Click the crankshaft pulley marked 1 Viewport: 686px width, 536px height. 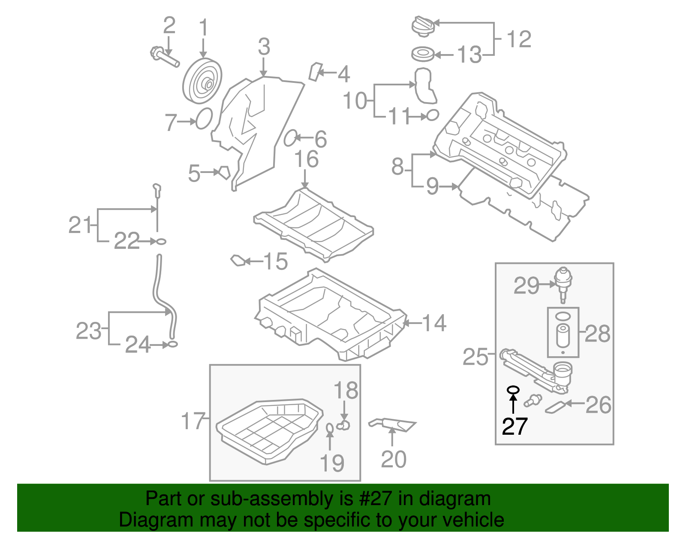pos(202,81)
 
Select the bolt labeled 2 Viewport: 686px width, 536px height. pos(164,58)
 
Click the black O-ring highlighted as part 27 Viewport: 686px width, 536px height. pos(513,390)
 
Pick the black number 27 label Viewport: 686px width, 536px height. pos(514,426)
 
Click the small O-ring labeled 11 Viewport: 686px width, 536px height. pos(433,115)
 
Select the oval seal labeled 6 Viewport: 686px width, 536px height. pos(290,138)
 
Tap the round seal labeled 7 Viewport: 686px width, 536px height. pos(204,118)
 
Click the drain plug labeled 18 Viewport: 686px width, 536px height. pos(344,425)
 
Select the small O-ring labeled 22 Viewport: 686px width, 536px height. pos(160,242)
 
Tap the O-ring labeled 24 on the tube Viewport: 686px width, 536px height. pos(172,344)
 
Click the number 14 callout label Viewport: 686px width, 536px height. pos(434,323)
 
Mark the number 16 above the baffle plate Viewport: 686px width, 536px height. pos(306,159)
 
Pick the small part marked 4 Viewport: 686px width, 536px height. pos(316,72)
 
